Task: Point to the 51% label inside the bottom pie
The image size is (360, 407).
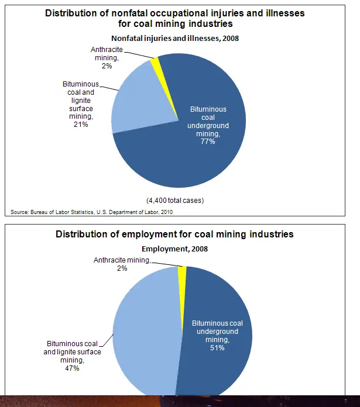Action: [217, 347]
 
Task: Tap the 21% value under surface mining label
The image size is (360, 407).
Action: [81, 125]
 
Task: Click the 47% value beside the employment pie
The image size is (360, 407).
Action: [72, 368]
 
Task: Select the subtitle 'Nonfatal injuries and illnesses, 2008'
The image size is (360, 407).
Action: [176, 39]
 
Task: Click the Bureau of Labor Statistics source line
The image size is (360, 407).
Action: [92, 212]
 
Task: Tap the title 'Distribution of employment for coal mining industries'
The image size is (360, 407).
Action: [174, 234]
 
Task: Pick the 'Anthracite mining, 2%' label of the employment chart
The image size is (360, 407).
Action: [122, 264]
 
